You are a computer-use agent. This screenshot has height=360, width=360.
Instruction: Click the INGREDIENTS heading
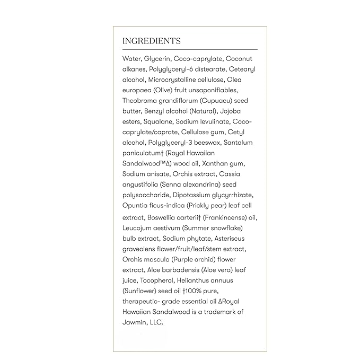pyautogui.click(x=152, y=41)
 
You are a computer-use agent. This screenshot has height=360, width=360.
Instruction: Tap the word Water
pyautogui.click(x=132, y=59)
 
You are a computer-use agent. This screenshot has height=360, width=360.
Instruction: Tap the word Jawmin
pyautogui.click(x=135, y=322)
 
